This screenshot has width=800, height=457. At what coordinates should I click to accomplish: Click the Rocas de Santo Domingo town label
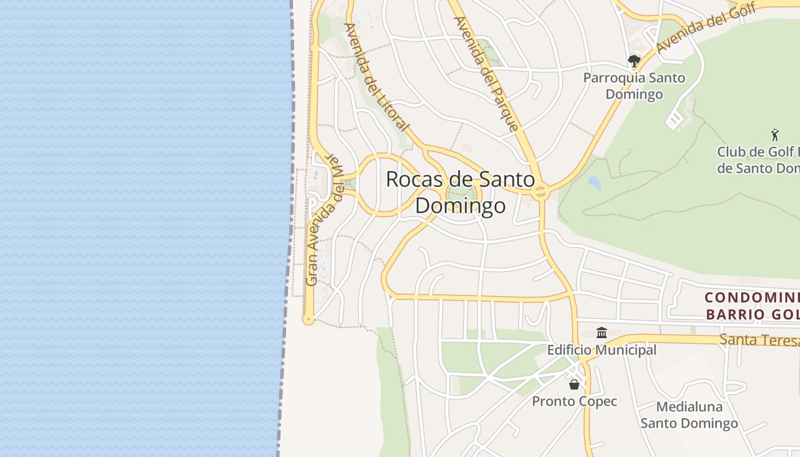[x=461, y=192]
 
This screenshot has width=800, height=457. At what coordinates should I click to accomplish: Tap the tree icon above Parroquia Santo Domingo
[x=634, y=60]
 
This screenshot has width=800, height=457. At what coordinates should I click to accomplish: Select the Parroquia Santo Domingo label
[x=634, y=86]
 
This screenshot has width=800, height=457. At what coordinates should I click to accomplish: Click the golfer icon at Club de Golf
[x=775, y=135]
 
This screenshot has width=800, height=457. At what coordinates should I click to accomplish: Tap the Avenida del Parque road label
[x=486, y=74]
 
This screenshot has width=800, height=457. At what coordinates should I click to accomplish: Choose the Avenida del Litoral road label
[x=377, y=77]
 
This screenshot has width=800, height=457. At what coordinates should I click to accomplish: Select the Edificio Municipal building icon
[x=602, y=332]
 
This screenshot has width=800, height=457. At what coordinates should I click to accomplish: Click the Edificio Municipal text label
[x=602, y=350]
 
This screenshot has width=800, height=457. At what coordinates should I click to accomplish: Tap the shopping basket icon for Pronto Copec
[x=574, y=384]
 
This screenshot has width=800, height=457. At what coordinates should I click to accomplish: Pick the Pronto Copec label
[x=574, y=401]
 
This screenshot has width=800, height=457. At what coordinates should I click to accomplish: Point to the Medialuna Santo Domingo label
[x=689, y=415]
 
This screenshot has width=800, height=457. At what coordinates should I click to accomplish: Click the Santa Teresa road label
[x=759, y=340]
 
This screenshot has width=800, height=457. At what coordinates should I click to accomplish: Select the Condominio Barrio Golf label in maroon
[x=752, y=306]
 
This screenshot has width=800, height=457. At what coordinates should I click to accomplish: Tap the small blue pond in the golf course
[x=595, y=182]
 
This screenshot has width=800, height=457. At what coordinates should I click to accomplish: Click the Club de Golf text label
[x=758, y=160]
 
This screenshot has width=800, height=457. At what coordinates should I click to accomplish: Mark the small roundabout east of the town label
[x=541, y=193]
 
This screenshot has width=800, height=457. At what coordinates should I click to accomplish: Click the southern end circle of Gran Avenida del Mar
[x=309, y=319]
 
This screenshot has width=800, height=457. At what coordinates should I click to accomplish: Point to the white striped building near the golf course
[x=675, y=120]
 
